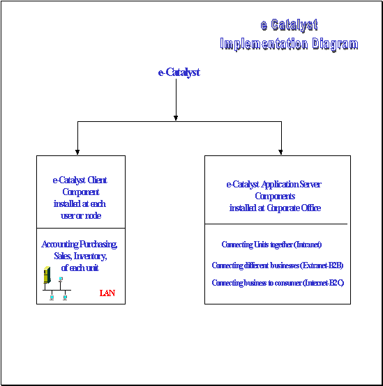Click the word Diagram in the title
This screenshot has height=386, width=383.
coord(335,45)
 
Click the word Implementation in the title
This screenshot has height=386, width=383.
coord(264,44)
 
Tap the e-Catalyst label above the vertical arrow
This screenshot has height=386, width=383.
coord(179,72)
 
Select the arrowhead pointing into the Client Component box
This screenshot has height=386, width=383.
coord(77,152)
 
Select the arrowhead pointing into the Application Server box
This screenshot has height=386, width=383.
coord(280,152)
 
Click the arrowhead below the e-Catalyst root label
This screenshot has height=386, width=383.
coord(176,118)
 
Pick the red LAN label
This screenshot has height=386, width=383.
coord(107,293)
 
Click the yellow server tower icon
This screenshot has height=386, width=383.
coord(47,275)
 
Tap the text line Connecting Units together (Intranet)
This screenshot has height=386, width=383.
coord(271,245)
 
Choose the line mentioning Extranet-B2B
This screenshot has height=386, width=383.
coord(278,265)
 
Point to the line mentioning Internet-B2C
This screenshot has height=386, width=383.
coord(278,283)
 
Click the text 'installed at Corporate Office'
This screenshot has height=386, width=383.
coord(275,208)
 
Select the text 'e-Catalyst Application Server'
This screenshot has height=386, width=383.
coord(273,185)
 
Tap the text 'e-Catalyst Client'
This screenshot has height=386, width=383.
coord(80,180)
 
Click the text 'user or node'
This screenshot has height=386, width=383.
coord(81,216)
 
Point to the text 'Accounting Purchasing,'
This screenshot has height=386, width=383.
coord(80,244)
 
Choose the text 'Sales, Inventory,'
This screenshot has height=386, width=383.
coord(80,256)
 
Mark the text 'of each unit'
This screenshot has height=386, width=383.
coord(80,268)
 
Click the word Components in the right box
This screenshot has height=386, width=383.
coord(275,196)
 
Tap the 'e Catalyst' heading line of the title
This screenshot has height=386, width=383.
coord(289,25)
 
